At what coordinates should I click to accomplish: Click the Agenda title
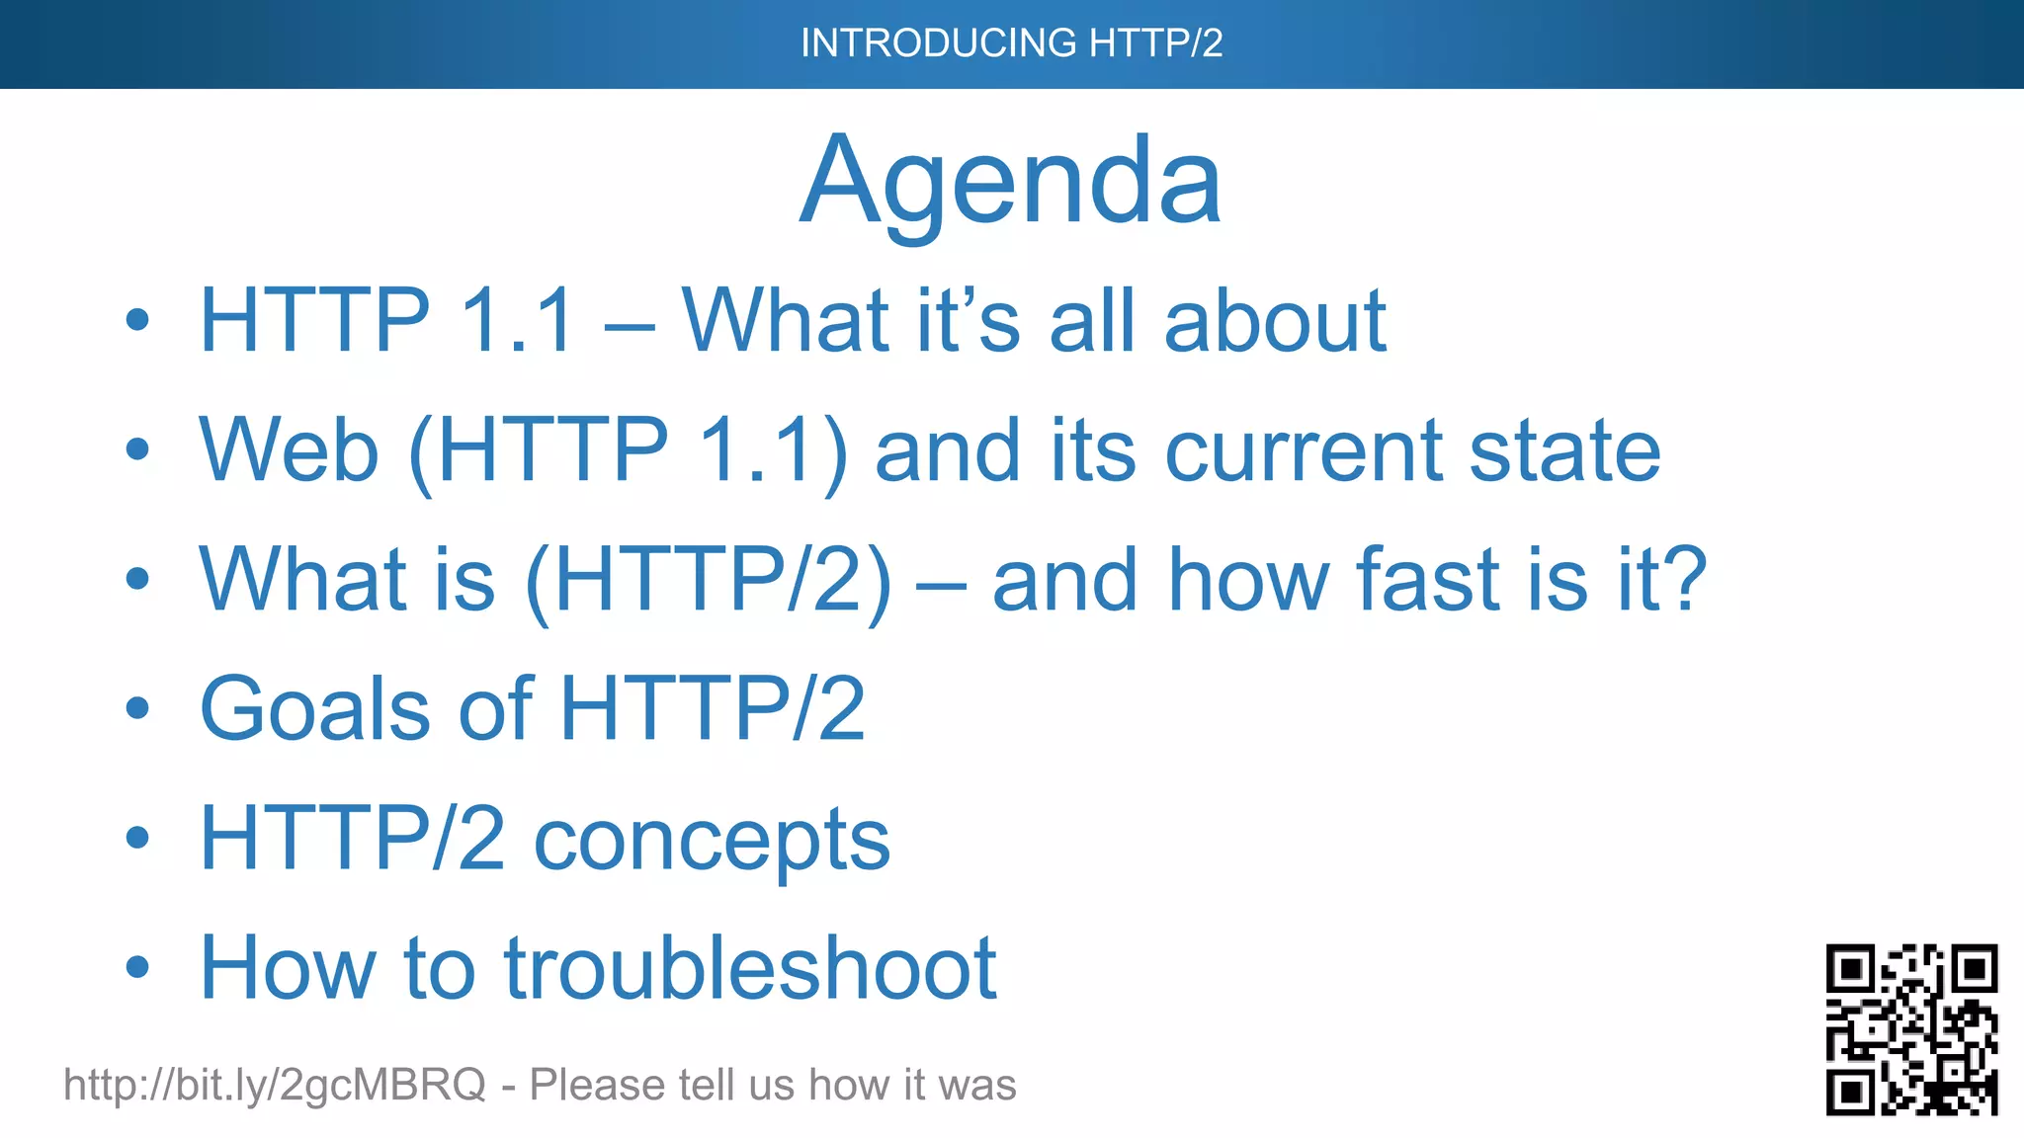(1010, 183)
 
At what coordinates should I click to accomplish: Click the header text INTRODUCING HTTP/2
(1011, 43)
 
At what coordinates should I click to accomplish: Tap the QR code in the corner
(1911, 1029)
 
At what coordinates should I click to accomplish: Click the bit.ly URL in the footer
(274, 1085)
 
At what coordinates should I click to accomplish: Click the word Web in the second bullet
(289, 450)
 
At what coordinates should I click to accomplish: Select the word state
(1564, 450)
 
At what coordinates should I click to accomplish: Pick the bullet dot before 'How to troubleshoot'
(137, 967)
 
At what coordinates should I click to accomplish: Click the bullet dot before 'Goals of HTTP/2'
(137, 708)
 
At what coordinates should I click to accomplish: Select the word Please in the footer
(596, 1085)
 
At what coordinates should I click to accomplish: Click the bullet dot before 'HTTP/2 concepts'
(137, 838)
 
